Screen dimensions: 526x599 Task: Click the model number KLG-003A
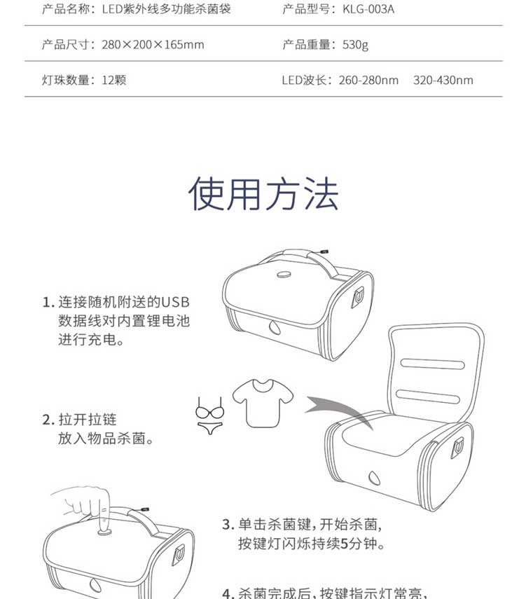(368, 9)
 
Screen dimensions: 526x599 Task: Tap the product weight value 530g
(355, 45)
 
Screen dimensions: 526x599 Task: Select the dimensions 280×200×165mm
(153, 45)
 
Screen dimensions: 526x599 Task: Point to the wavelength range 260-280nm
(368, 81)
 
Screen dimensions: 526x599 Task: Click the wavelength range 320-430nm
(443, 81)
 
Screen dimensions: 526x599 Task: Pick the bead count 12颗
(114, 81)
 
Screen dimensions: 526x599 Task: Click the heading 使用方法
(263, 194)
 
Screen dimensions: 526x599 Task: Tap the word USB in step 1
(175, 302)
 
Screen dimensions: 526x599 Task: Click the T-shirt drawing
(263, 403)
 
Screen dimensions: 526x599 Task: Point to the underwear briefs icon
(209, 428)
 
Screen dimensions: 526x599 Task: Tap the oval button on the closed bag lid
(284, 274)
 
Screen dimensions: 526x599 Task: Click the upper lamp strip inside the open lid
(432, 364)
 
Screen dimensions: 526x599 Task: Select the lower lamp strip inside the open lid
(427, 396)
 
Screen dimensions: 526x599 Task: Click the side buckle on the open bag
(457, 448)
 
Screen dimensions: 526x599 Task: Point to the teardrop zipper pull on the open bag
(374, 478)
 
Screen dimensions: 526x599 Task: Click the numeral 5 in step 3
(344, 543)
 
